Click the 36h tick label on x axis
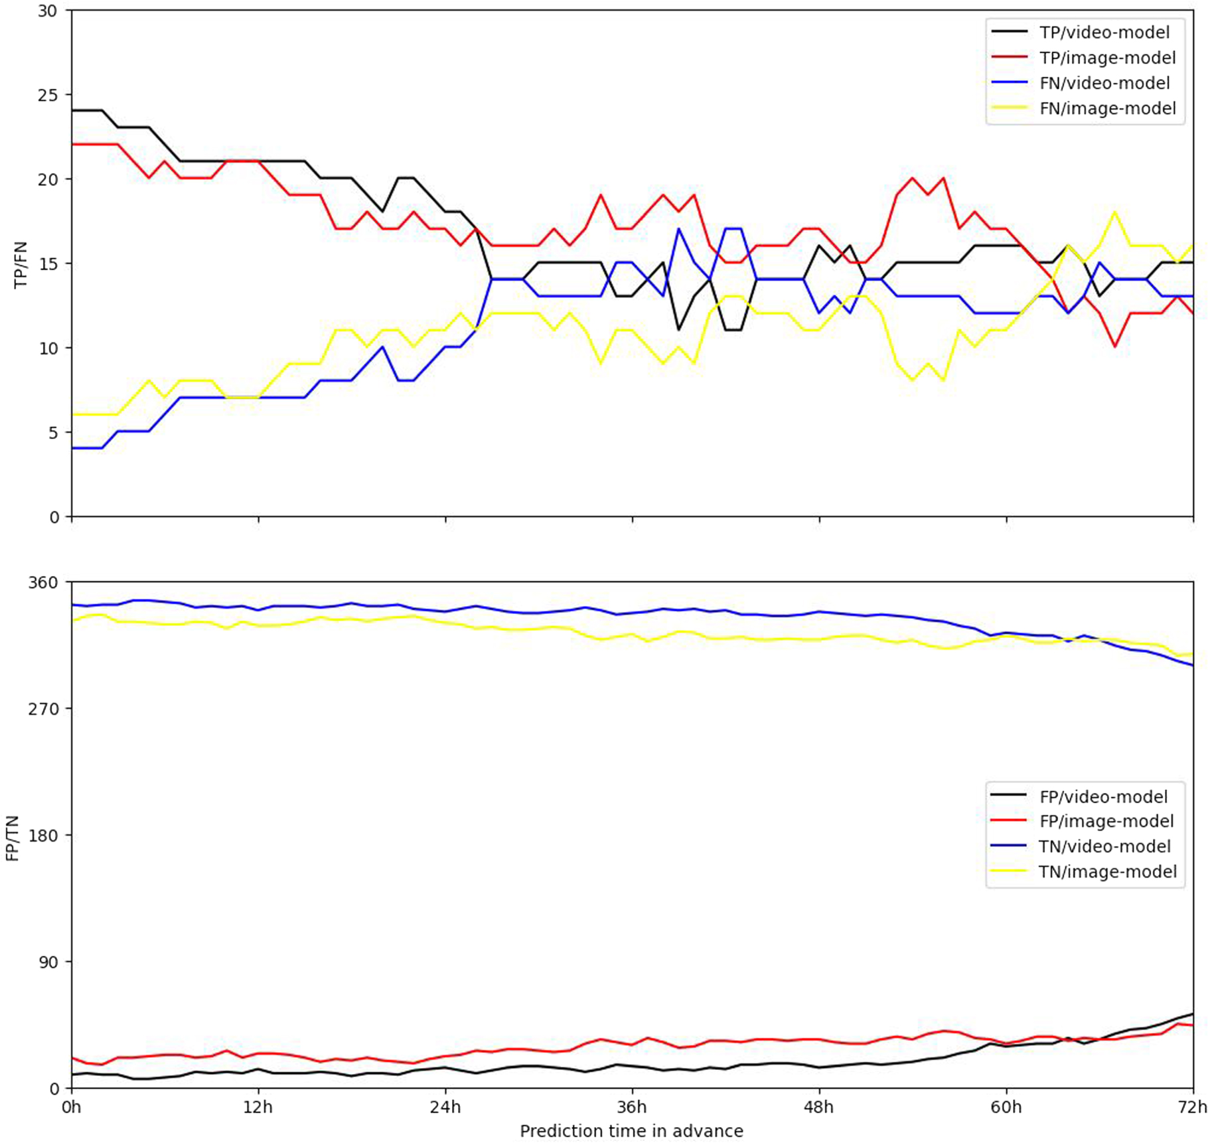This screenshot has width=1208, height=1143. (x=632, y=1107)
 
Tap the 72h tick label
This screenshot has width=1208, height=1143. (x=1193, y=1107)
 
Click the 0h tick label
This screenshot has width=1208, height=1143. (x=71, y=1107)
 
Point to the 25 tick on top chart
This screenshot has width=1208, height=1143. (x=48, y=95)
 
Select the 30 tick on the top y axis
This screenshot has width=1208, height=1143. (x=48, y=11)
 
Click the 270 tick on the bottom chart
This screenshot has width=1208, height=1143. (x=42, y=709)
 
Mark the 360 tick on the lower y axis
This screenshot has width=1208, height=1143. (x=42, y=582)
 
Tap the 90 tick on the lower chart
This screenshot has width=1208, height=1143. (x=48, y=962)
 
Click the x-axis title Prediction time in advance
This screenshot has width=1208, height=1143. (x=631, y=1131)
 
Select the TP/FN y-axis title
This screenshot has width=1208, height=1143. (x=21, y=264)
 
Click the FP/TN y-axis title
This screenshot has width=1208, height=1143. (x=13, y=838)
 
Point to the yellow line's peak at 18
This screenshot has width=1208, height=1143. (x=1115, y=212)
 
